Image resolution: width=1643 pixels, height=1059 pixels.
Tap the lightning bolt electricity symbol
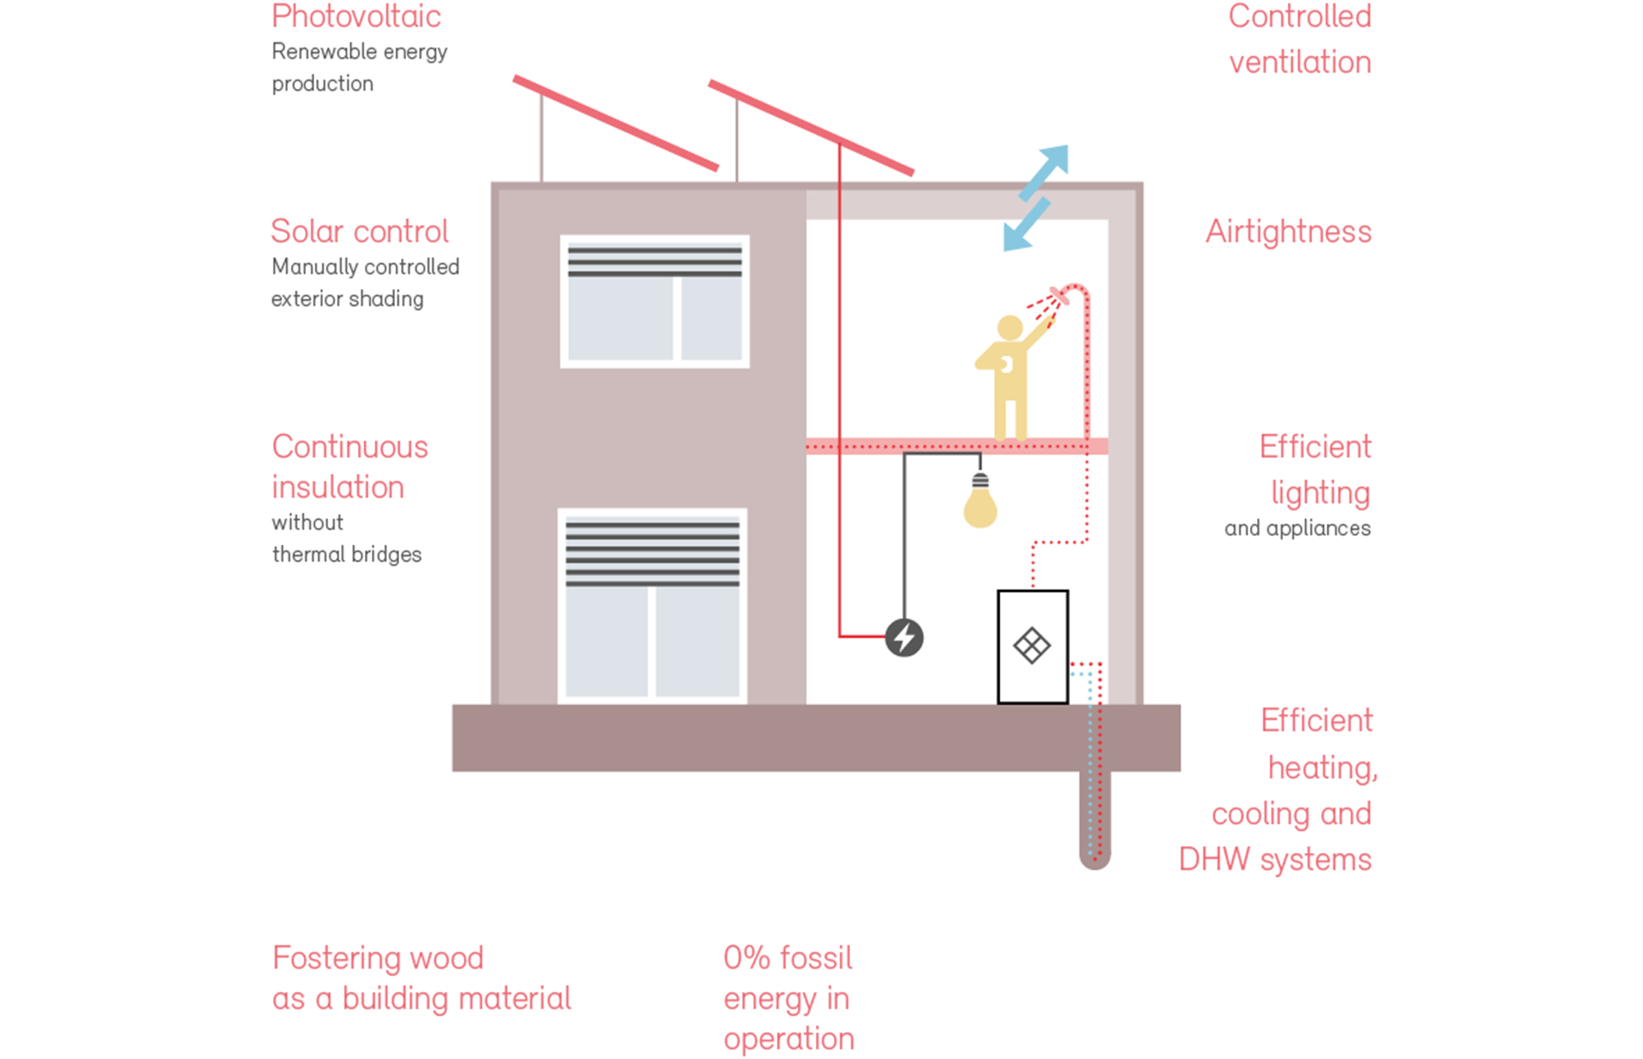[x=904, y=638]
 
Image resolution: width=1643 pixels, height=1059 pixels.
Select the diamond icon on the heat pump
[x=1032, y=646]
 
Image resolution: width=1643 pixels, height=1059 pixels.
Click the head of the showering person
[x=1010, y=327]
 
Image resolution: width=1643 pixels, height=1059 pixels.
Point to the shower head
[x=1059, y=296]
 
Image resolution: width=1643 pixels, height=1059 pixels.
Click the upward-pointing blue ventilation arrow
[x=1045, y=171]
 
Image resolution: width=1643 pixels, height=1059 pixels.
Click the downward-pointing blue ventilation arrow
[x=1026, y=225]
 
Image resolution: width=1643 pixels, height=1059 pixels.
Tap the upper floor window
[x=654, y=302]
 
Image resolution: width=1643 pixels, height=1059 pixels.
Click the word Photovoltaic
[x=356, y=16]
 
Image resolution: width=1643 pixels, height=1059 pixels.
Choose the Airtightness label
[x=1288, y=232]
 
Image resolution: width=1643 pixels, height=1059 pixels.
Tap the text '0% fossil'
[x=787, y=958]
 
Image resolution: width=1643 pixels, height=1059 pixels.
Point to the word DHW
[x=1214, y=860]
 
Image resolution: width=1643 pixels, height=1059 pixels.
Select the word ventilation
[x=1300, y=62]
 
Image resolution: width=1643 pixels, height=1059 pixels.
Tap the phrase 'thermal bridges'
[x=346, y=554]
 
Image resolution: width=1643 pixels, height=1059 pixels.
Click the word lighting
[x=1320, y=493]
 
